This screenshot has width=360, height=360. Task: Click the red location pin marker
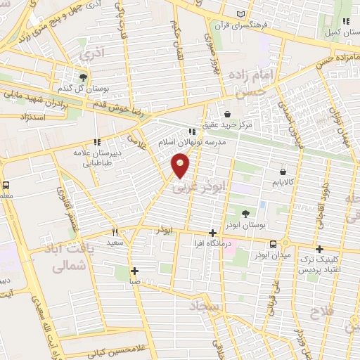tap(181, 166)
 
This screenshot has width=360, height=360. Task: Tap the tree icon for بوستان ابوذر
tap(245, 214)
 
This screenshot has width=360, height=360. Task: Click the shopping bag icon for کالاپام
tap(283, 172)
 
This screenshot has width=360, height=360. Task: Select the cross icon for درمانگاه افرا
tap(213, 233)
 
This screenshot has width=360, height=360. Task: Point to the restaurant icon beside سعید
tap(115, 231)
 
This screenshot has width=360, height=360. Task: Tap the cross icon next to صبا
tap(134, 271)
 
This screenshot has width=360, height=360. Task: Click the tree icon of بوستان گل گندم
tap(84, 77)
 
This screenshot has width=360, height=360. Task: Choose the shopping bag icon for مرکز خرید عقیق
tap(228, 114)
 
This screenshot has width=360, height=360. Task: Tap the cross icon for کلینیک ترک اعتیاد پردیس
tap(320, 249)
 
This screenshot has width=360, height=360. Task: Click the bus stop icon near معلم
tap(6, 185)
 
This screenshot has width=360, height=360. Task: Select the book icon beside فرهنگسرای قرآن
tap(242, 15)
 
